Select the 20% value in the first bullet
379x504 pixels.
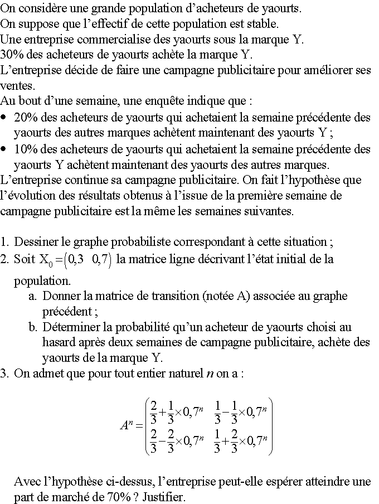[x=25, y=118]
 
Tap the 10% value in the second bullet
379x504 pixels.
[x=25, y=149]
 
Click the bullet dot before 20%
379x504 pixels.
[x=4, y=118]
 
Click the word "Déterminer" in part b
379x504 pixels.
[x=71, y=327]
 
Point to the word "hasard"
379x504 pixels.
[x=60, y=343]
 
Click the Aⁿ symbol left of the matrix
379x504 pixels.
[x=128, y=426]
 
